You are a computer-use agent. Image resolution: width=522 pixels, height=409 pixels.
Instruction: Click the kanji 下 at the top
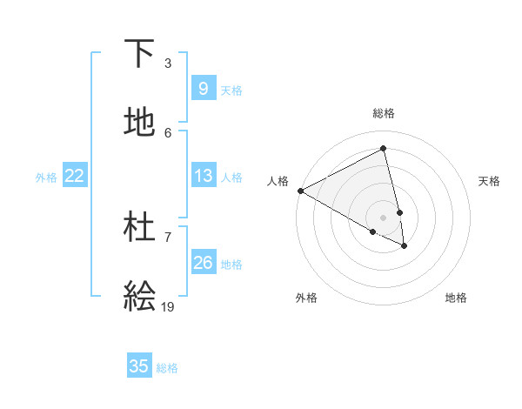coord(139,54)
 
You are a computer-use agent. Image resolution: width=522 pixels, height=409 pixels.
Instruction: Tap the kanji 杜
coord(139,227)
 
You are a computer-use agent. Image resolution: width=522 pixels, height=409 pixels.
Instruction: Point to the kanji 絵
coord(139,296)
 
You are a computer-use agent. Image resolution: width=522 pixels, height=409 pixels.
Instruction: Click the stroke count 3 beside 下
coord(168,64)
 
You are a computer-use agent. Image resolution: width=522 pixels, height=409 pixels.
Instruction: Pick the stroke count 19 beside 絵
coord(168,306)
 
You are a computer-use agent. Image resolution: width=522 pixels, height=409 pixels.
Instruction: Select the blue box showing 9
coord(203,89)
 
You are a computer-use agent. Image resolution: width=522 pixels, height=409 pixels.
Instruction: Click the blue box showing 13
coord(203,176)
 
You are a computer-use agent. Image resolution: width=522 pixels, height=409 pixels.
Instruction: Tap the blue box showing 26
coord(203,262)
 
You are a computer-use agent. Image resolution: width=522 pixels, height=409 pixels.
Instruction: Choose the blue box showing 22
coord(74,176)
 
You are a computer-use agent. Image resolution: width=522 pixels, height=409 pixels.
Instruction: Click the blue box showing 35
coord(138,366)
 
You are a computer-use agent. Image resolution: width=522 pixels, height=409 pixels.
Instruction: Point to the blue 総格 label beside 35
coord(167,368)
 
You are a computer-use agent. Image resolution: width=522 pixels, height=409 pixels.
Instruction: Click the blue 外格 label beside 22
coord(46,178)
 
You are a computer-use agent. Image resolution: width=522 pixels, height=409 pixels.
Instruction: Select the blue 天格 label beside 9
coord(231,91)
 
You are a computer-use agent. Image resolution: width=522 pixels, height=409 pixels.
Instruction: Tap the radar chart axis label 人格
coord(278,181)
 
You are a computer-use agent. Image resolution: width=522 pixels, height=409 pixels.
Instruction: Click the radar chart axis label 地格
coord(456,298)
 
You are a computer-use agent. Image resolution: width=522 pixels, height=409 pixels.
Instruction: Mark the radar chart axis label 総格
coord(384,113)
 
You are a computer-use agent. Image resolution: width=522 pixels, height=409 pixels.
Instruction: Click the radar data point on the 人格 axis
coord(300,191)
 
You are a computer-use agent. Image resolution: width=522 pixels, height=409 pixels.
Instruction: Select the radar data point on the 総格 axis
coord(384,149)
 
